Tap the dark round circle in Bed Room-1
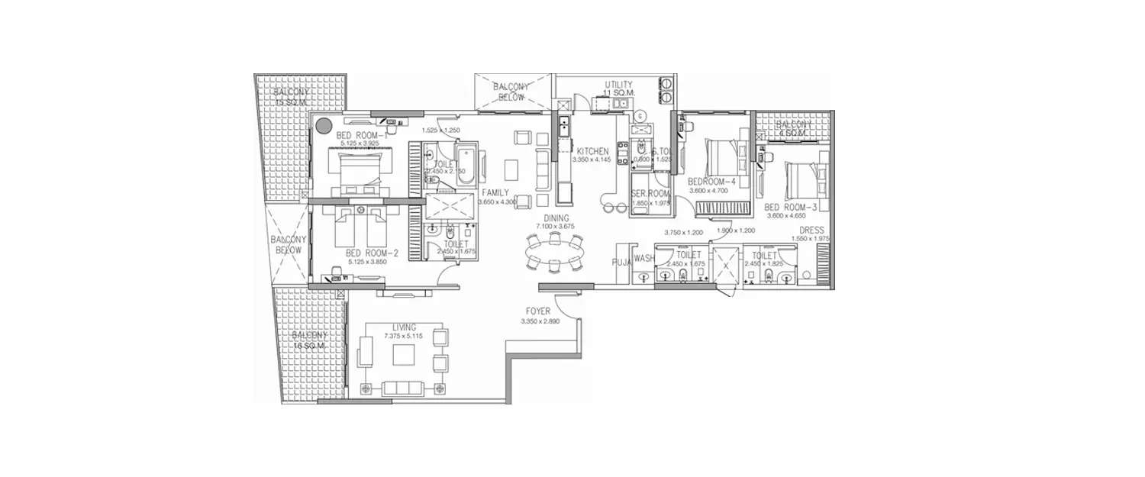click(x=324, y=125)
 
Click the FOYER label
click(x=538, y=311)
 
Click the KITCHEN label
click(x=592, y=151)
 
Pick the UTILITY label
click(x=618, y=85)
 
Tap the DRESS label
click(x=811, y=230)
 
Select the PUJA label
click(x=621, y=260)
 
